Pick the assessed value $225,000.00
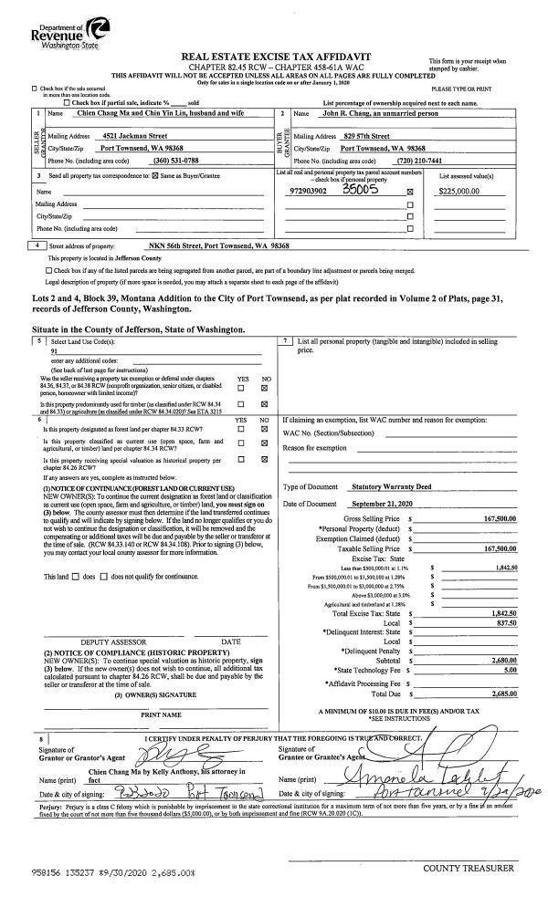point(464,193)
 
